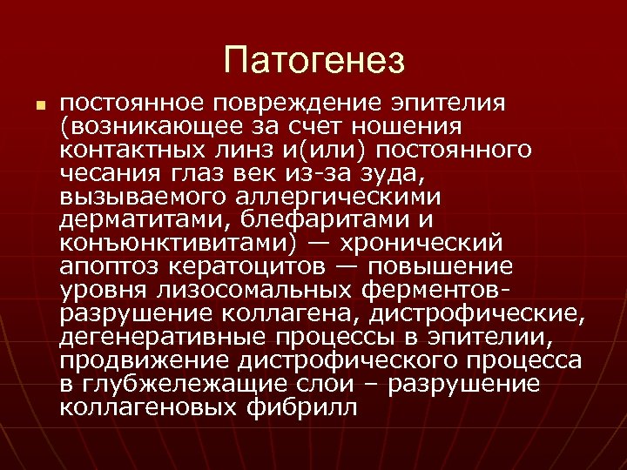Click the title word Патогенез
tap(313, 60)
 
